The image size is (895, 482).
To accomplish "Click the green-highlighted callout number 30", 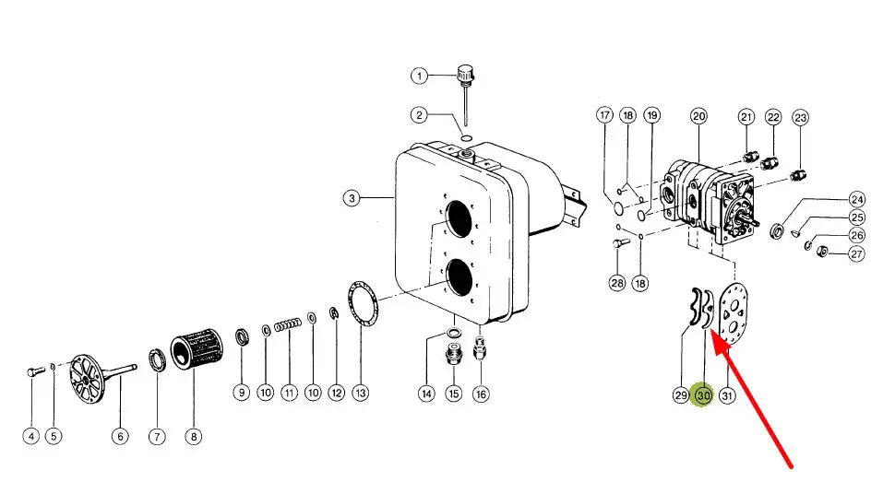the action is pos(703,394).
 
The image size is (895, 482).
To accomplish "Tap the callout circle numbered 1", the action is pos(419,76).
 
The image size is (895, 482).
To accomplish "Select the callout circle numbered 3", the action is pos(352,198).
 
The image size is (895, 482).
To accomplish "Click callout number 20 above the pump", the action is pos(698,116).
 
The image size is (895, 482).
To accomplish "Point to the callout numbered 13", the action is pos(360,393).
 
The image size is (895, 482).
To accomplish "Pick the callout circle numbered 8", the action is pos(194,436).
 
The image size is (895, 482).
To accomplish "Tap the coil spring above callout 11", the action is pos(288,325).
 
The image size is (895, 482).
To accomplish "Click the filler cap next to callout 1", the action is pos(465,74).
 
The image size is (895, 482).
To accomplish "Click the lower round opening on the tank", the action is pos(459,277).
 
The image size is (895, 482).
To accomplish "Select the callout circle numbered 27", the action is pos(857,253).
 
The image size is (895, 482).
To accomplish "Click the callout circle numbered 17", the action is pos(605,115).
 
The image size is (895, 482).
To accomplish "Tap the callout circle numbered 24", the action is pos(857,199).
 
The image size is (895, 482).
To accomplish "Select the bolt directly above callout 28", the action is pos(620,243).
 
